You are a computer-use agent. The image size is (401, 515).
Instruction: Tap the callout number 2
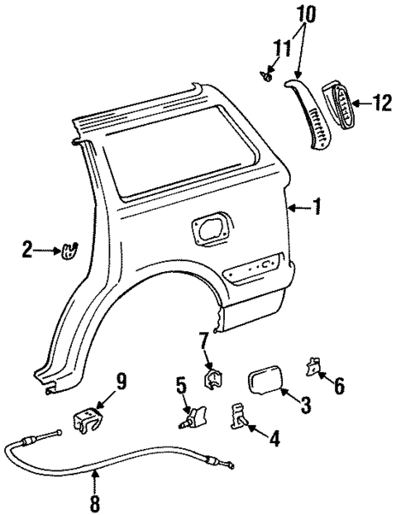(x=28, y=249)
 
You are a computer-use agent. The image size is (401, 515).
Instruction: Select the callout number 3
(x=305, y=404)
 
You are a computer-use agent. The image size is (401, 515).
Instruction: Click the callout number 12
(x=381, y=103)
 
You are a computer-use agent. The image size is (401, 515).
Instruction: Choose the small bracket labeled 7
(x=212, y=378)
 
